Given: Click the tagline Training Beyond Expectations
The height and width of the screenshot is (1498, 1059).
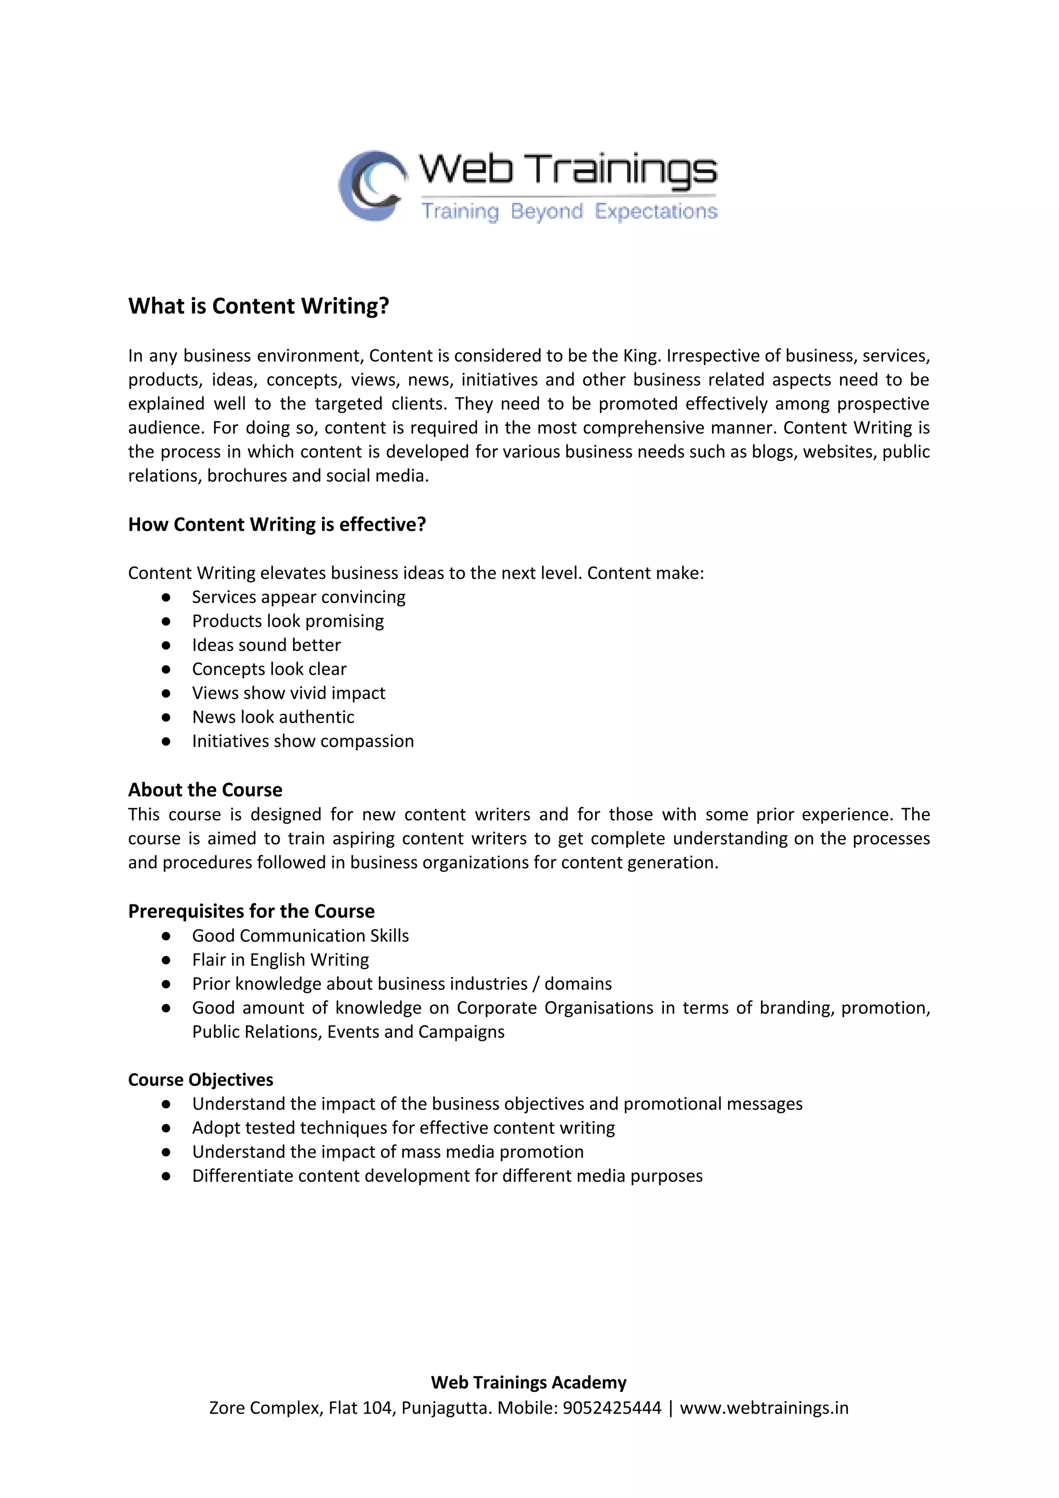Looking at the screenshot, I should pos(568,211).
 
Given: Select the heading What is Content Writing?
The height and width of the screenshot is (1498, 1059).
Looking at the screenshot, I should pos(259,306).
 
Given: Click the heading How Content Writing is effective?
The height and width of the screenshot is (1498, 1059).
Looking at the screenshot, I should pos(277,524).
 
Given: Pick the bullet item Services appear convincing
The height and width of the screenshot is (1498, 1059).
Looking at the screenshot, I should pos(298,597).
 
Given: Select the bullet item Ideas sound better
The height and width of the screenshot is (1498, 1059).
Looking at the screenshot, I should pos(266,645).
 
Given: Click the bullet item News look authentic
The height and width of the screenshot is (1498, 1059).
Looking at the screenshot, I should pos(273,717).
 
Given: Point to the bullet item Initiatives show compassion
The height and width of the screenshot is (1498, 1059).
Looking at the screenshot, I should pos(303,741).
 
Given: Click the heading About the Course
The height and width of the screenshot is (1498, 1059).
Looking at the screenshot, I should pos(205,790).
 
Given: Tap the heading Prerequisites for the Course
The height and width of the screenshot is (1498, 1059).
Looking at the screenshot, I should pos(251,912).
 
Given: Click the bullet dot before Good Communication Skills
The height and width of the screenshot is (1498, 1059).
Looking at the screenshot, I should pos(167,936).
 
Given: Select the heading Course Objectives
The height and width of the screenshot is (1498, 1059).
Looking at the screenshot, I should pos(200,1080).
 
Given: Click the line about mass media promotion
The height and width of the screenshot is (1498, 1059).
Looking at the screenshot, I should pos(388,1152).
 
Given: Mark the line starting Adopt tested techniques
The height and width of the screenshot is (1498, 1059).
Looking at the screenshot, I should pos(403,1128).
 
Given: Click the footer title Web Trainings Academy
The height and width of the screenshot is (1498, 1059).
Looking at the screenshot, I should pos(528,1383).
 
